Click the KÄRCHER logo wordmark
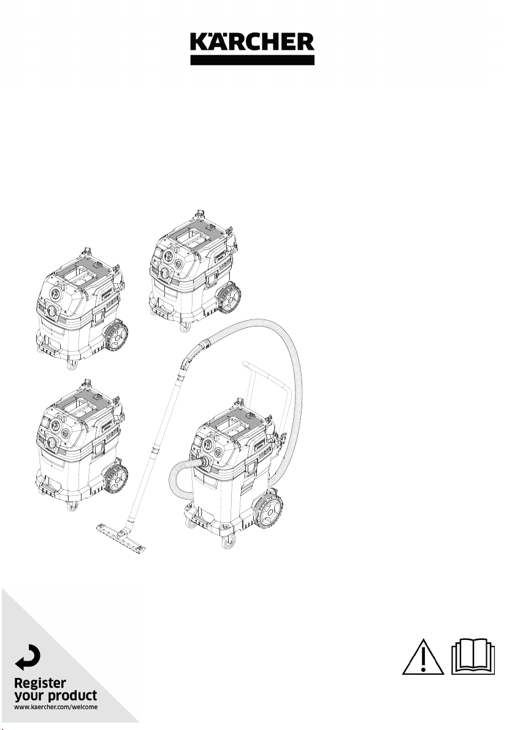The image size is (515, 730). click(252, 42)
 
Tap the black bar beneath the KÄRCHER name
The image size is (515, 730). click(252, 60)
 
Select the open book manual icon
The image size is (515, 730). click(473, 656)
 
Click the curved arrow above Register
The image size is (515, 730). click(28, 657)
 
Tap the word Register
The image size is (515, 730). click(40, 683)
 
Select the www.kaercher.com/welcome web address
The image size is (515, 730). click(56, 707)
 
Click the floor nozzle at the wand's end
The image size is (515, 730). click(121, 539)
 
